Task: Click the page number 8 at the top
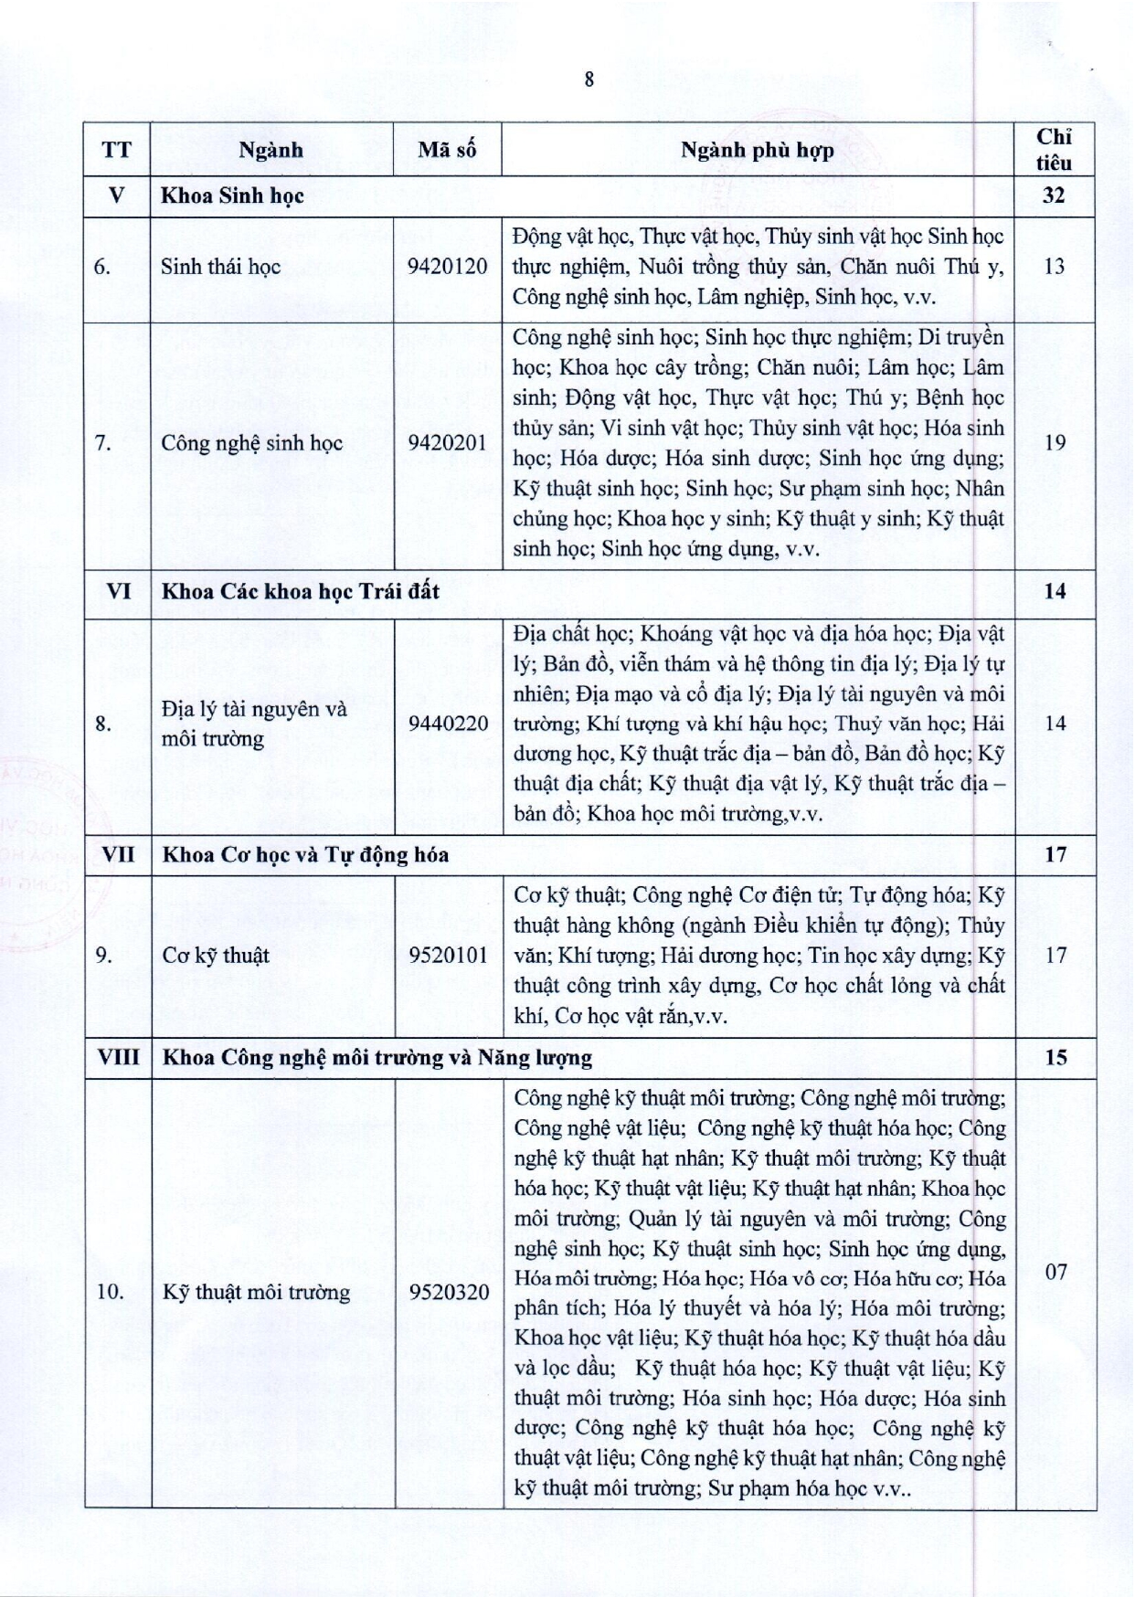[589, 79]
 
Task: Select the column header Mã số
[447, 150]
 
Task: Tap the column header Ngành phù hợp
[758, 150]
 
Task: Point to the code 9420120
[448, 267]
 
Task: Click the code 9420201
[448, 443]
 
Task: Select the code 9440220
[448, 724]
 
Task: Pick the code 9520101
[448, 956]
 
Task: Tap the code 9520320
[448, 1292]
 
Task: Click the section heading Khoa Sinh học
[232, 196]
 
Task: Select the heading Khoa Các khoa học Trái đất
[301, 591]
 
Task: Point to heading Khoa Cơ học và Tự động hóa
[305, 854]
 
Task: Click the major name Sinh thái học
[220, 267]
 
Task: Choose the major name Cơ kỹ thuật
[216, 956]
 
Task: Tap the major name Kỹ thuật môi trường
[256, 1292]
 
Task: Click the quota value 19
[1055, 443]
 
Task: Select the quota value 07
[1055, 1271]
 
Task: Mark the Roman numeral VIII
[118, 1057]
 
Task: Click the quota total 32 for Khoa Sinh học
[1055, 196]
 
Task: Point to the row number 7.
[102, 443]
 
